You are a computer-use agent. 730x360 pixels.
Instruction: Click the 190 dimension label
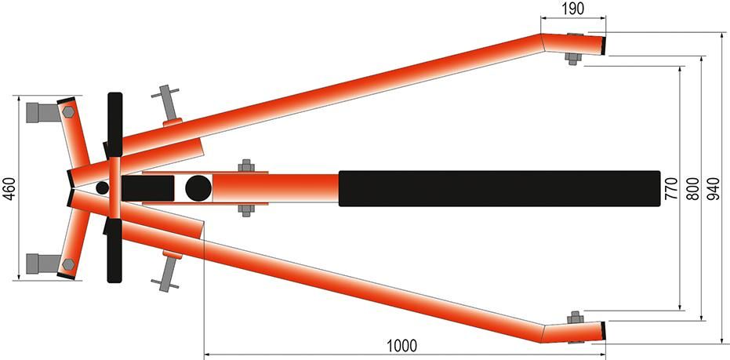[x=572, y=9]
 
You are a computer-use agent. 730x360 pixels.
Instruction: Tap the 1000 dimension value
[x=401, y=346]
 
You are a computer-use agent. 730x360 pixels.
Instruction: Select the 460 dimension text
[x=10, y=188]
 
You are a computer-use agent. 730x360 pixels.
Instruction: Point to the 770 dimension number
[x=671, y=188]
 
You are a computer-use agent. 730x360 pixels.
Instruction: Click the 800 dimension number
[x=693, y=188]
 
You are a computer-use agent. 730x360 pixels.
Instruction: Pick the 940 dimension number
[x=714, y=188]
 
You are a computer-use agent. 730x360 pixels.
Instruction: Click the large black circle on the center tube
[x=198, y=188]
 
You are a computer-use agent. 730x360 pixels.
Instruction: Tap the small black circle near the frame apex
[x=103, y=187]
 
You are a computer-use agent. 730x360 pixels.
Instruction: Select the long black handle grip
[x=499, y=188]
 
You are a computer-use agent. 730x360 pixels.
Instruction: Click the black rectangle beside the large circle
[x=148, y=188]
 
